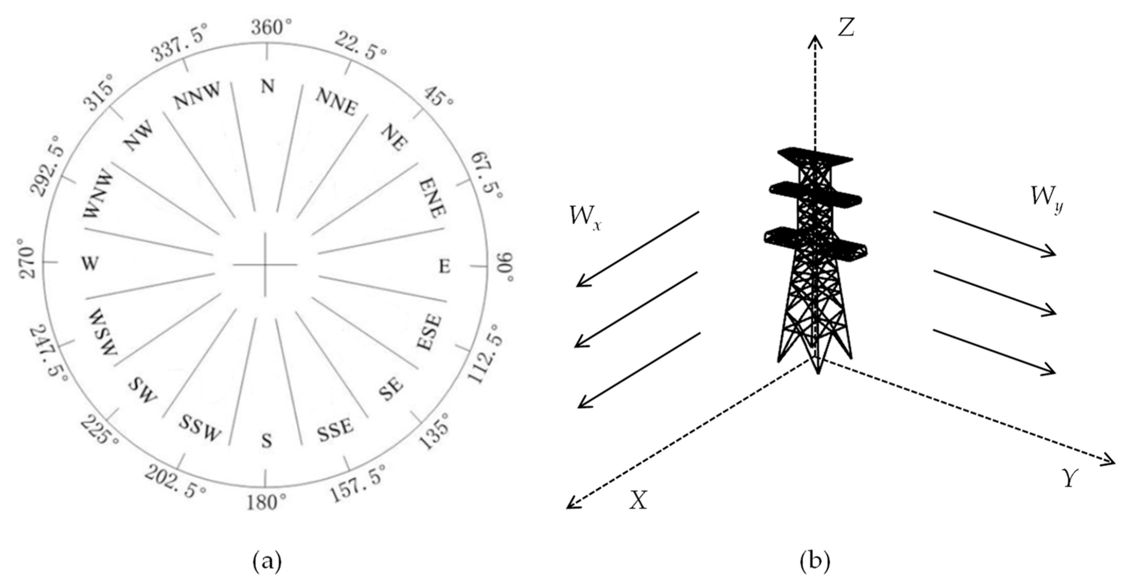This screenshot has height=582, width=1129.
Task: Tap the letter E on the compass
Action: [x=444, y=266]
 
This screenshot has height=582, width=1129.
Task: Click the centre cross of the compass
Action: [x=265, y=265]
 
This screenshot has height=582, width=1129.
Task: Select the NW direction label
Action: [x=139, y=136]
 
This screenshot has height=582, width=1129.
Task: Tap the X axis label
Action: [x=638, y=500]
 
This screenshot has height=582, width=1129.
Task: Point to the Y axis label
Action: [x=1070, y=478]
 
